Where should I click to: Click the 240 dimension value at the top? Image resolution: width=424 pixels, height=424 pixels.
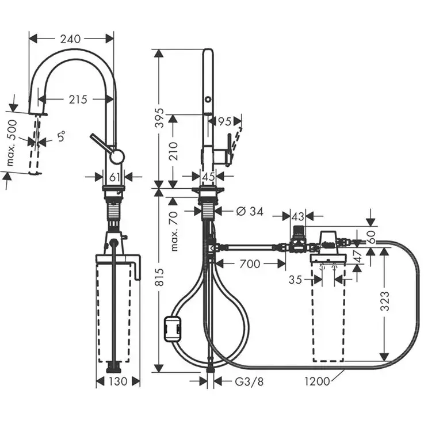(x=70, y=39)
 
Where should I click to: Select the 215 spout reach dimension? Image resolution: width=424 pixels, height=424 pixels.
(x=78, y=100)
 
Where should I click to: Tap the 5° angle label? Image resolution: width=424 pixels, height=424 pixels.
(x=61, y=136)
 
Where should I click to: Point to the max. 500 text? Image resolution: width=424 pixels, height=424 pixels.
(x=12, y=143)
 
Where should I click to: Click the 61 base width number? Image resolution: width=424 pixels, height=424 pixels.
(x=114, y=177)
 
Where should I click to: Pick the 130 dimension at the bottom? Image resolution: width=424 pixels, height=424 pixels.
(x=119, y=381)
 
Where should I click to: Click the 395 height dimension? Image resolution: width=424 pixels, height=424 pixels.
(x=161, y=118)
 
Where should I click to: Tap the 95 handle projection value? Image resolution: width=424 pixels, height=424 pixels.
(x=224, y=122)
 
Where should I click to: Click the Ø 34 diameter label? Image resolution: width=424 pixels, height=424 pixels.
(x=250, y=212)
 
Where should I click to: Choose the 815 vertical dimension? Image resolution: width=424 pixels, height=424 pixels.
(x=161, y=277)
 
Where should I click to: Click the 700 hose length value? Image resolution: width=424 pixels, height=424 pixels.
(x=250, y=264)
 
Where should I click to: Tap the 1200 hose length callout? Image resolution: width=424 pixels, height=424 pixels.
(x=318, y=381)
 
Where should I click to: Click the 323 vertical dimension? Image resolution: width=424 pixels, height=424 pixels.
(x=385, y=301)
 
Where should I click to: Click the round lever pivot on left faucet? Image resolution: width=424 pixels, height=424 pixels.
(x=117, y=156)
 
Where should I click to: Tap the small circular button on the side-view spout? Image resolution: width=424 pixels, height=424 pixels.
(x=208, y=99)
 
